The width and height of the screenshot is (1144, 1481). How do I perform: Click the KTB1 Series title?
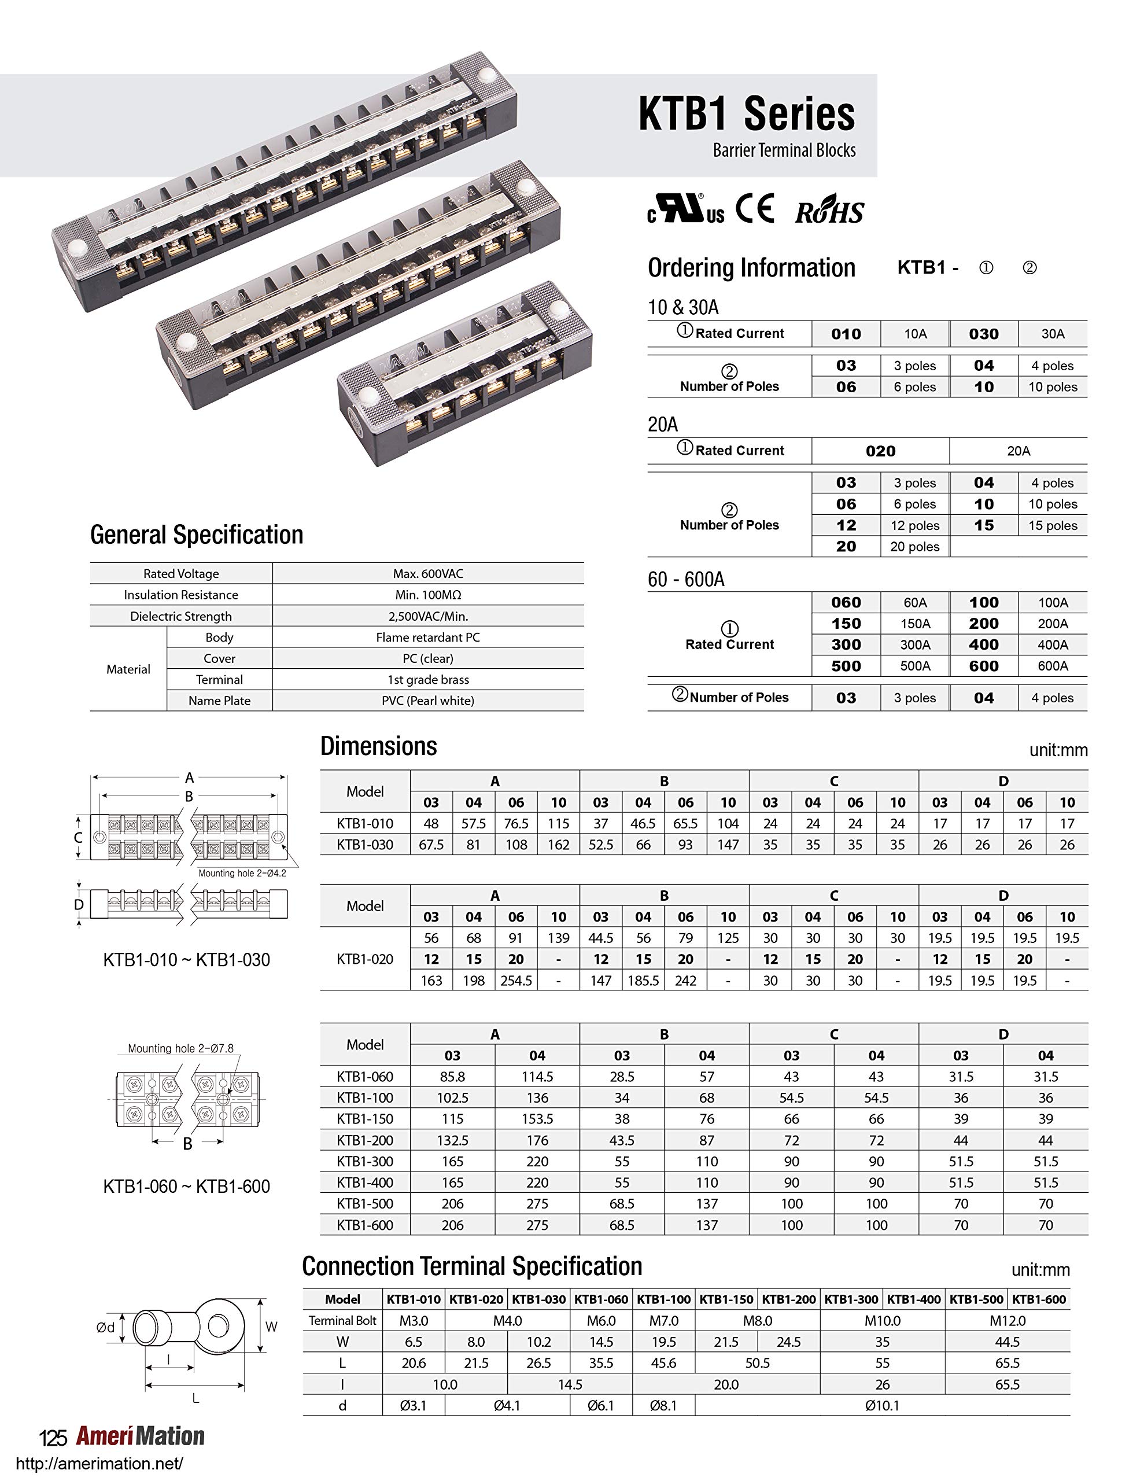click(747, 114)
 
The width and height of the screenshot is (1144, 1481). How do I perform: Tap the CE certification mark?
click(755, 209)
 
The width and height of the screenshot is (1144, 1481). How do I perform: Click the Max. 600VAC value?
click(428, 574)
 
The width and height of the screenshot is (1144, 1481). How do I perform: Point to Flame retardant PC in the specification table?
click(428, 638)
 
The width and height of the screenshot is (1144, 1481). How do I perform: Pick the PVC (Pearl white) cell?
click(428, 701)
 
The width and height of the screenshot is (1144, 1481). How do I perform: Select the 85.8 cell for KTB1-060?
click(452, 1077)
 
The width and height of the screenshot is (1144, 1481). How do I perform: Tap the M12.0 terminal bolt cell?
click(1007, 1321)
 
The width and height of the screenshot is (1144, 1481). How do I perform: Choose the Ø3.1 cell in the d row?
click(414, 1406)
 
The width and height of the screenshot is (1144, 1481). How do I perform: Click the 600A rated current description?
click(1053, 666)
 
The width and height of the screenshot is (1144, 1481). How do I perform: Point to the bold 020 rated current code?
click(880, 451)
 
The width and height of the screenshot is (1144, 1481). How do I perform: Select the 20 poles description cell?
click(915, 547)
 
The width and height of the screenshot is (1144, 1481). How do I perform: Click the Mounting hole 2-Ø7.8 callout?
click(180, 1048)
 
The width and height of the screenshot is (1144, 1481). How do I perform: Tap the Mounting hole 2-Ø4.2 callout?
click(242, 874)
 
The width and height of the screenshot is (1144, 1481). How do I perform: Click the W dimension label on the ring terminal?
click(271, 1327)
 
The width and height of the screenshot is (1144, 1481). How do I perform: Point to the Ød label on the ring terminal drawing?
click(105, 1328)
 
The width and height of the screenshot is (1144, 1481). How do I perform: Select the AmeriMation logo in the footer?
click(140, 1436)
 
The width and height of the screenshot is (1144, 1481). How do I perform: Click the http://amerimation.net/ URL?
click(99, 1464)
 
